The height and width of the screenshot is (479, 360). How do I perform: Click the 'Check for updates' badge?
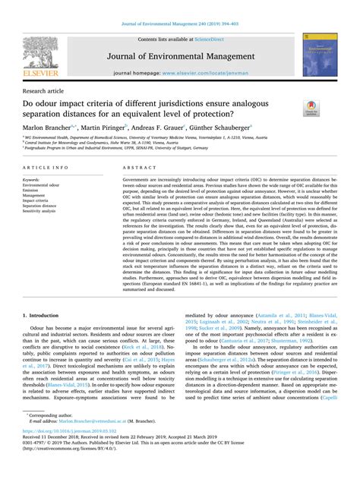pyautogui.click(x=311, y=109)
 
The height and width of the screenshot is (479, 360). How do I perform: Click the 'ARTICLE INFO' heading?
pyautogui.click(x=49, y=166)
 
